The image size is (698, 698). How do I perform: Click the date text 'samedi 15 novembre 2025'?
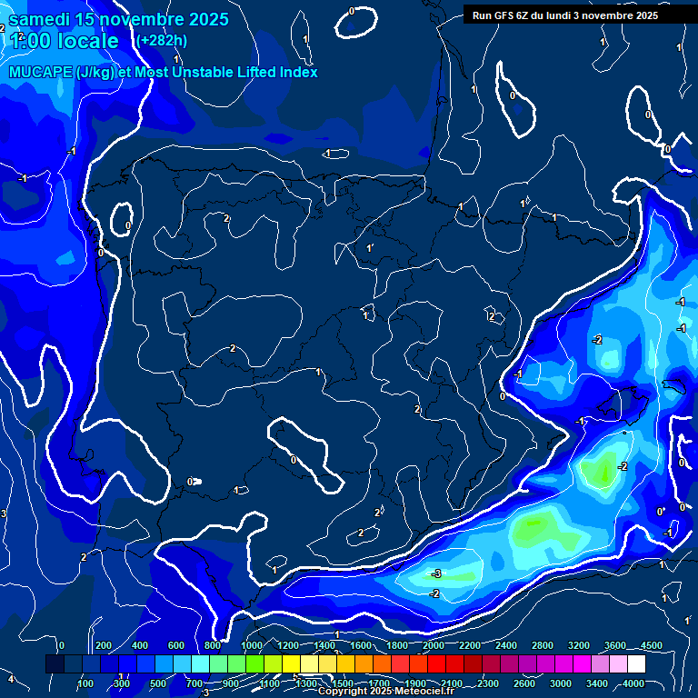click(x=119, y=19)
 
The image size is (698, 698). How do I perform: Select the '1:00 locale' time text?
click(x=64, y=41)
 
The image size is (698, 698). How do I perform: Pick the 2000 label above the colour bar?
click(x=434, y=645)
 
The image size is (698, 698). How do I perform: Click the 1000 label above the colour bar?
click(x=252, y=645)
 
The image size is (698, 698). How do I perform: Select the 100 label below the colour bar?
click(x=85, y=683)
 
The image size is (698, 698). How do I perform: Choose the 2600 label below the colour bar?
click(x=524, y=683)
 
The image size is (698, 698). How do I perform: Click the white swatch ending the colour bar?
click(x=636, y=664)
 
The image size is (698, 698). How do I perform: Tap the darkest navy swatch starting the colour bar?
click(x=55, y=664)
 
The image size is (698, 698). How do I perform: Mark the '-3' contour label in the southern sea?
click(x=436, y=573)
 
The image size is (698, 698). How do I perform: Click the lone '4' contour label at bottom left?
click(x=11, y=679)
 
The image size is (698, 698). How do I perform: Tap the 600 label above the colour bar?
click(x=176, y=645)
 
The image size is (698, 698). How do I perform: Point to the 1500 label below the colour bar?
click(x=343, y=683)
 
